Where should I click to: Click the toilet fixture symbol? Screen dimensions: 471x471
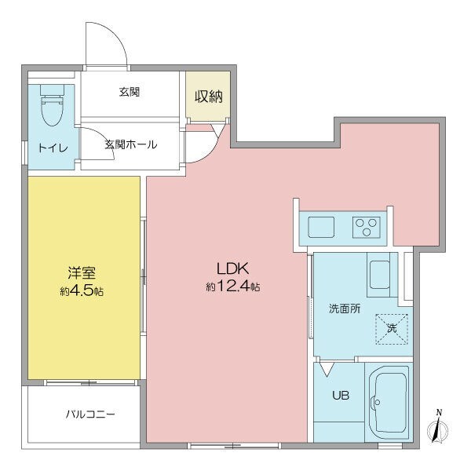[52, 110]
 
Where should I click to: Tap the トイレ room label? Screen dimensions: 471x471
[53, 148]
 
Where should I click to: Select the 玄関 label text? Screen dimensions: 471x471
[130, 93]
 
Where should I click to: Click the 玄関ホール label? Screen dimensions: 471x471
[130, 145]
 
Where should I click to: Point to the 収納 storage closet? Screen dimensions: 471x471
[208, 97]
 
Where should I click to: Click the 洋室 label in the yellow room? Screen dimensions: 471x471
[82, 274]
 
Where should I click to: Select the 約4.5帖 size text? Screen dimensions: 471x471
[82, 291]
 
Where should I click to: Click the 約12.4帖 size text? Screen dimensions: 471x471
[233, 287]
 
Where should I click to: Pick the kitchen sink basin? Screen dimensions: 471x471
[320, 227]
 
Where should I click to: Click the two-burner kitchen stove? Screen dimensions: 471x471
[365, 227]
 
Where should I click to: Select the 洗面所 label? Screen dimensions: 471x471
[345, 309]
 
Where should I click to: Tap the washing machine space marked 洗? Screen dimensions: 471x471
[391, 327]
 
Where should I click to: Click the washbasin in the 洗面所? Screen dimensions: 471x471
[380, 275]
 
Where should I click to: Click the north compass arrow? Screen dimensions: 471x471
[438, 428]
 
